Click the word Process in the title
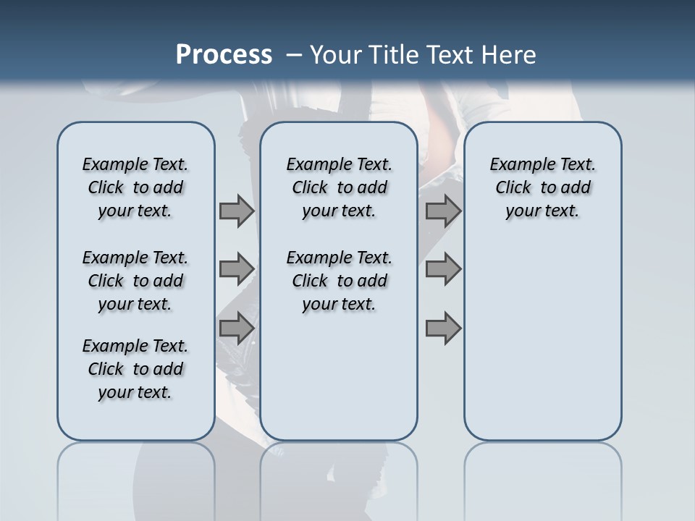224,55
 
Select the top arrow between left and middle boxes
237,211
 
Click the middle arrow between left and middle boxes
237,269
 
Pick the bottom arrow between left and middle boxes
237,328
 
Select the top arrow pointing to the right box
443,211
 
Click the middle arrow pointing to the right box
443,269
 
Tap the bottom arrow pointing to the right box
443,328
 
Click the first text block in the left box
135,187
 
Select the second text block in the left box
135,281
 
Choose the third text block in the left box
135,369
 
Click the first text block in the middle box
339,187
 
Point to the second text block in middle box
339,281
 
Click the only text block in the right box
543,187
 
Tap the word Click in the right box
513,188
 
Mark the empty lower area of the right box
543,340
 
